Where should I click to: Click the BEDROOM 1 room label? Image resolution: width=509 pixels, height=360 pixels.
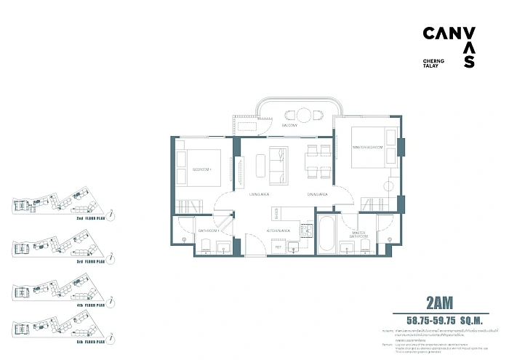pyautogui.click(x=201, y=169)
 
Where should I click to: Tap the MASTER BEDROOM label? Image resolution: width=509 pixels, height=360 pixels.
pyautogui.click(x=367, y=148)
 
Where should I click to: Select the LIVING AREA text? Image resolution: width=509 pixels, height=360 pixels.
pyautogui.click(x=260, y=195)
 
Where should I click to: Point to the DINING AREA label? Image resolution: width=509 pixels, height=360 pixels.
pyautogui.click(x=318, y=195)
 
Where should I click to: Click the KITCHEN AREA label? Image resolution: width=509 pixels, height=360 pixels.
pyautogui.click(x=278, y=230)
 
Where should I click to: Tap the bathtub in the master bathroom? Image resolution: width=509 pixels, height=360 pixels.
pyautogui.click(x=326, y=234)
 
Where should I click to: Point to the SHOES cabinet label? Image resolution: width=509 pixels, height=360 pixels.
pyautogui.click(x=276, y=212)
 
